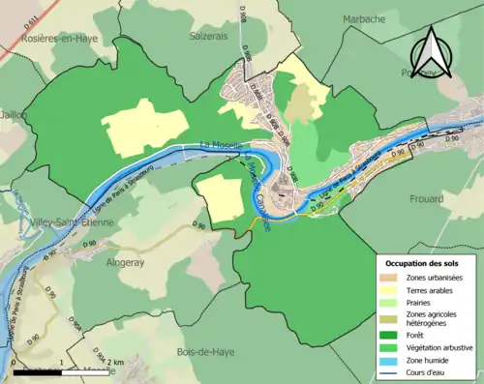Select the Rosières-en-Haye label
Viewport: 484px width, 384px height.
pyautogui.click(x=55, y=37)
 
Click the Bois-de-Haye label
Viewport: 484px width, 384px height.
pyautogui.click(x=205, y=350)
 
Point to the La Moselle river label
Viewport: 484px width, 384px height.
pyautogui.click(x=220, y=145)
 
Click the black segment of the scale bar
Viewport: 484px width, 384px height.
pyautogui.click(x=38, y=369)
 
